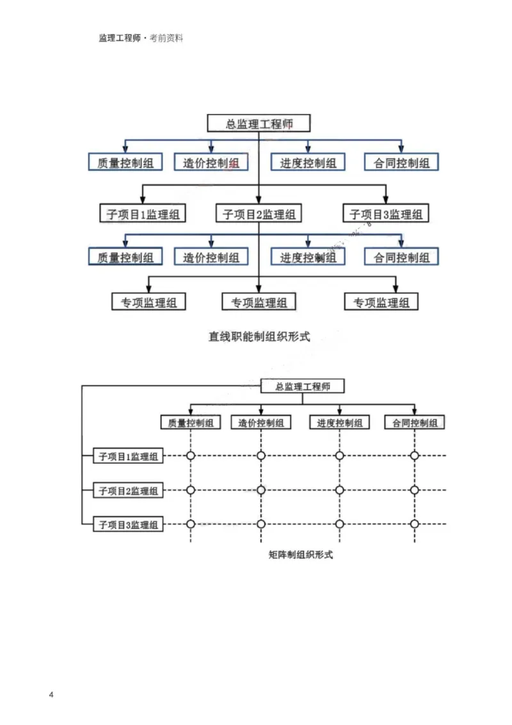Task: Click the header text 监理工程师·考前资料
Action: [141, 38]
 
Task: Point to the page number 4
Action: [51, 696]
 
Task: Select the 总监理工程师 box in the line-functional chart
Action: [259, 124]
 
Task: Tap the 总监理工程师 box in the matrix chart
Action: [303, 386]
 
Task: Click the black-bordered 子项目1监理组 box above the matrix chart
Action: [142, 213]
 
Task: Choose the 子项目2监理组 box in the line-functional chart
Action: [259, 213]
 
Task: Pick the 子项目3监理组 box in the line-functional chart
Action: [386, 213]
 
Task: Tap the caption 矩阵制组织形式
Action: [301, 555]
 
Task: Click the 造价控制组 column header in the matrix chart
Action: [260, 423]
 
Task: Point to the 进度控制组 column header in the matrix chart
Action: [340, 423]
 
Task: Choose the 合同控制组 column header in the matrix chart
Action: [415, 423]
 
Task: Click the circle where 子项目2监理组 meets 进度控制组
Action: [340, 491]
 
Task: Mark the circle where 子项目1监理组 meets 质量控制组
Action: [191, 456]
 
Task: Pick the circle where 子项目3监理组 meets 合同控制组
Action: [415, 524]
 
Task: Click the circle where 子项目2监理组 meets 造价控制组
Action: [260, 491]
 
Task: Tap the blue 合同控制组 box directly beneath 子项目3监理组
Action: [402, 257]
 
